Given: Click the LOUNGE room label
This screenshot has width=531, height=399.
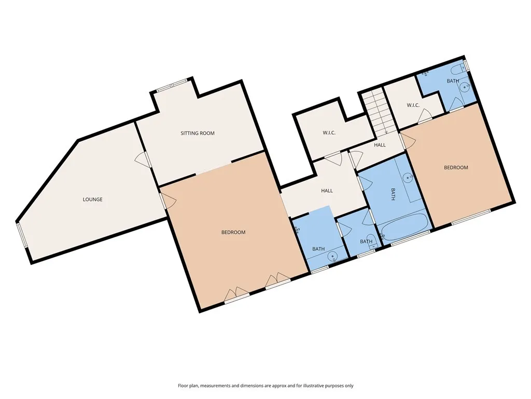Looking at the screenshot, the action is tap(92, 199).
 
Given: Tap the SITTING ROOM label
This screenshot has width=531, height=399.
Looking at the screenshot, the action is tap(198, 134).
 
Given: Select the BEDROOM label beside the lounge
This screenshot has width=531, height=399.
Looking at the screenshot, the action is tap(233, 232).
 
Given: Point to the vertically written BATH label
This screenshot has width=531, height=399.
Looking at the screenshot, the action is tap(393, 194).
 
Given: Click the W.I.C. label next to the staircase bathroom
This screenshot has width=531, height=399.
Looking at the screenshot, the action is tap(413, 105).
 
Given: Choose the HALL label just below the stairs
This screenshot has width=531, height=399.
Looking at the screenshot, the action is tap(380, 145).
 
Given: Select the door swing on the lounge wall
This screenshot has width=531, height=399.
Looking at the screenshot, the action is tap(143, 160).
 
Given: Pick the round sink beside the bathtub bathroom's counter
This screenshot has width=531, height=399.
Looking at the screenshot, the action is tap(409, 176).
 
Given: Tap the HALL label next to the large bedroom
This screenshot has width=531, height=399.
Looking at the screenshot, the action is tap(327, 191).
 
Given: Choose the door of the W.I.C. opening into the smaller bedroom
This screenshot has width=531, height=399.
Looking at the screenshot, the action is tap(425, 116).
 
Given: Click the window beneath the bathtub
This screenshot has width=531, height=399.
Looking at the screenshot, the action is tap(411, 238).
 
